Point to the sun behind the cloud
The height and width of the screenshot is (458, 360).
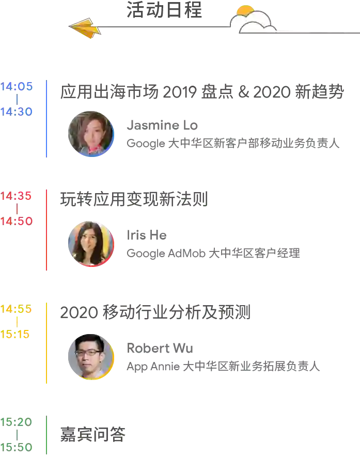tap(245, 10)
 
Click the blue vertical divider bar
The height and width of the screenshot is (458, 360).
tap(47, 119)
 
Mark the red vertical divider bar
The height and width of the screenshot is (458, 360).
tap(47, 229)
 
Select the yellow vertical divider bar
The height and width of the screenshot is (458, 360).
tap(47, 343)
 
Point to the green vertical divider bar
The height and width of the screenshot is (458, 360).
tap(47, 434)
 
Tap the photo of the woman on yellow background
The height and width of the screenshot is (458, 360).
tap(90, 243)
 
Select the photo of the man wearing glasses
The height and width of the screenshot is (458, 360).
tap(90, 356)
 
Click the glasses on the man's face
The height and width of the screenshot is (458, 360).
tap(88, 353)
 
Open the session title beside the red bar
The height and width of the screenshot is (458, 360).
tap(134, 198)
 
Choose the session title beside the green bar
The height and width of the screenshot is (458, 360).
tap(92, 433)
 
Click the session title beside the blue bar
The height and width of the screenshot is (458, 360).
tap(201, 91)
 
